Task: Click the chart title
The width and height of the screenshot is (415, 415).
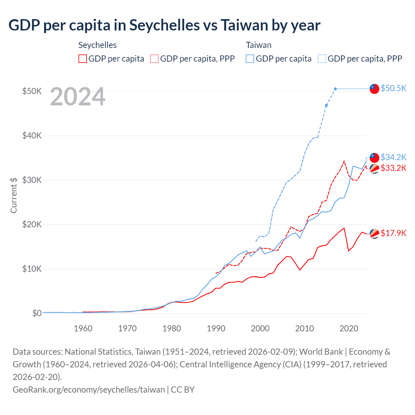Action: tap(164, 25)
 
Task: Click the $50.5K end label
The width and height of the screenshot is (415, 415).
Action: tap(393, 88)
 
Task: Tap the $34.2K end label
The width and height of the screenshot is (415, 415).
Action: tap(393, 157)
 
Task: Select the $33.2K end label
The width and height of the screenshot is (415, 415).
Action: tap(393, 168)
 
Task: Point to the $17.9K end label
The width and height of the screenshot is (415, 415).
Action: tap(393, 233)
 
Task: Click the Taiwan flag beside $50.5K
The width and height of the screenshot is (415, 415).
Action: tap(374, 89)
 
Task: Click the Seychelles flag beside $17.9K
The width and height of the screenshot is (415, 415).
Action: tap(374, 233)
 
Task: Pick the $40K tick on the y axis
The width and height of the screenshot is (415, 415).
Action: tap(32, 136)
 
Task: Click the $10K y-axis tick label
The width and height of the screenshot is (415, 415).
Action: tap(32, 269)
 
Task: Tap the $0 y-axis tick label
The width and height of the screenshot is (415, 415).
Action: tap(37, 313)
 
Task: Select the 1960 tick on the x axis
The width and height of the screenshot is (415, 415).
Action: tap(83, 328)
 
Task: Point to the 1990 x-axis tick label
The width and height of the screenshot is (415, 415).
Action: tap(216, 328)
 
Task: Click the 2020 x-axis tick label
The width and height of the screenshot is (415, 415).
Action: tap(349, 328)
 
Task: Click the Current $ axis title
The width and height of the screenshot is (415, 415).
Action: tap(14, 195)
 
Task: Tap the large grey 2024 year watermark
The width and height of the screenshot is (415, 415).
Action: tap(78, 96)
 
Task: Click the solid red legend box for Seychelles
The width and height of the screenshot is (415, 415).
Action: tap(83, 59)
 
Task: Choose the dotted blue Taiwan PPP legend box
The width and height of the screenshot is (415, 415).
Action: tap(322, 59)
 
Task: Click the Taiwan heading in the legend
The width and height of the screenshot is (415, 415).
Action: tap(258, 45)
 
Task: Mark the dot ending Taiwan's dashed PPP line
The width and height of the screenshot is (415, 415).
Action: tap(335, 89)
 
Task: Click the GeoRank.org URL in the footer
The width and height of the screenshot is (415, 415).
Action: tap(89, 389)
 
